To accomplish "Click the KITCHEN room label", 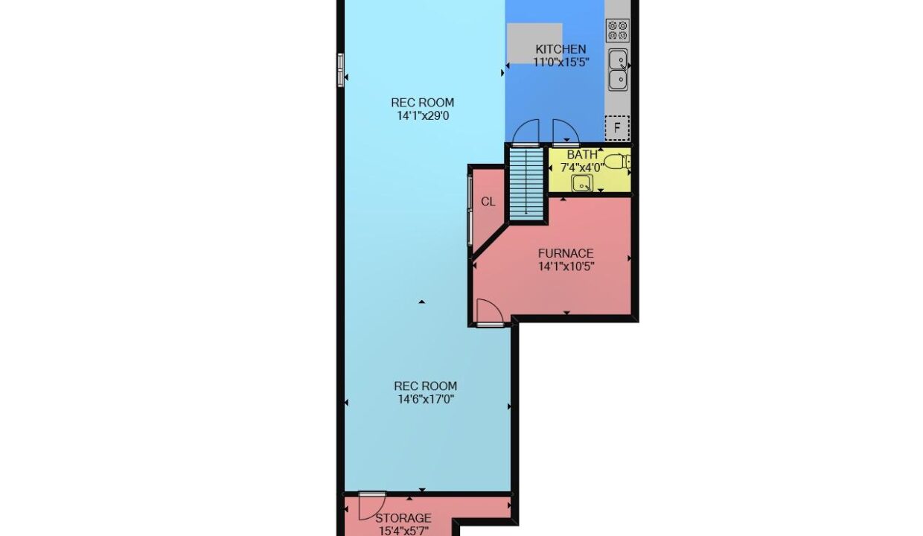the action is (560, 49).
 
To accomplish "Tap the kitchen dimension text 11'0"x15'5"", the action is (561, 63).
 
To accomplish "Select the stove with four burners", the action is (618, 31).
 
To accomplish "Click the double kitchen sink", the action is (619, 70).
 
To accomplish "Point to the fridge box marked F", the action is (617, 128).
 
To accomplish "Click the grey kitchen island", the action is (534, 43).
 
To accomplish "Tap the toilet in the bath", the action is (617, 161).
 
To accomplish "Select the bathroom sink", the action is (582, 183).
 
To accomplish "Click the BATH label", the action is (582, 155).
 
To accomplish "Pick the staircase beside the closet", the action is (526, 184).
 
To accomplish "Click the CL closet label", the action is (488, 202).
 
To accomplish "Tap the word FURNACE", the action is (566, 253).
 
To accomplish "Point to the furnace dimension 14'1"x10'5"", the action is (566, 267).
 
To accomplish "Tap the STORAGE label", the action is (403, 518).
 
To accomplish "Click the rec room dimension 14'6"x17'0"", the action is (426, 399).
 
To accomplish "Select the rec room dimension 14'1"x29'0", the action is (423, 116).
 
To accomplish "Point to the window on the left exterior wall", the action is (340, 70).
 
